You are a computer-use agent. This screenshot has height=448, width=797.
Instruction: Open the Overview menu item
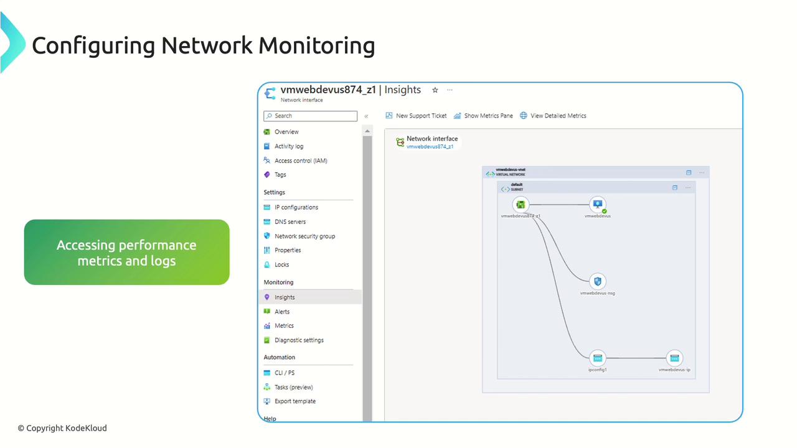(x=286, y=132)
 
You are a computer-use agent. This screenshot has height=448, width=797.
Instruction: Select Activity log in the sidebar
(x=289, y=146)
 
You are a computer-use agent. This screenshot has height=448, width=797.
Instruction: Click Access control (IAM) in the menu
(x=301, y=161)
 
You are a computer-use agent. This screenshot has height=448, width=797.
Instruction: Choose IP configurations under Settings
(x=296, y=207)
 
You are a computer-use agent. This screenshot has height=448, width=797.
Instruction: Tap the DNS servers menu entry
(x=290, y=222)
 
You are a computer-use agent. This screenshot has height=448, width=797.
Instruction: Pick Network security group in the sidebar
(x=304, y=236)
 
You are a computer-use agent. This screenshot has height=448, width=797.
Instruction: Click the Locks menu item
(x=281, y=264)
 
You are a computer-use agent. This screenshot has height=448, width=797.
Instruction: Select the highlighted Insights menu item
(x=285, y=297)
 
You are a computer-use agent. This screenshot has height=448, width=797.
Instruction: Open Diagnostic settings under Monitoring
(x=299, y=340)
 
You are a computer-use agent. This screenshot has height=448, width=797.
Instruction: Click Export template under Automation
(x=295, y=401)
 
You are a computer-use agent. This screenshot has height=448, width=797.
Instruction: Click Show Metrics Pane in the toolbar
(x=488, y=116)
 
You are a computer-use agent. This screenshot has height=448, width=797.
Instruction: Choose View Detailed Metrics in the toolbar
(x=558, y=116)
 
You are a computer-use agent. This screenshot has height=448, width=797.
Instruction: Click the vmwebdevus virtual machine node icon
(x=598, y=204)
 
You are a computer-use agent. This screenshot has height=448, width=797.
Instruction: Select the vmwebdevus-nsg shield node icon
(x=598, y=281)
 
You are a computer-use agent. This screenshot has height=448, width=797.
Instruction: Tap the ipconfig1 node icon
(x=598, y=358)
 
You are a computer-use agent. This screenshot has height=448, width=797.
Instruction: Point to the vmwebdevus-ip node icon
(x=674, y=358)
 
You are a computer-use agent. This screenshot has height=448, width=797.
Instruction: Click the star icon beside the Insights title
(x=435, y=90)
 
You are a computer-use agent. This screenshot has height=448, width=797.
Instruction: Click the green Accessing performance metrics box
(x=126, y=253)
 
